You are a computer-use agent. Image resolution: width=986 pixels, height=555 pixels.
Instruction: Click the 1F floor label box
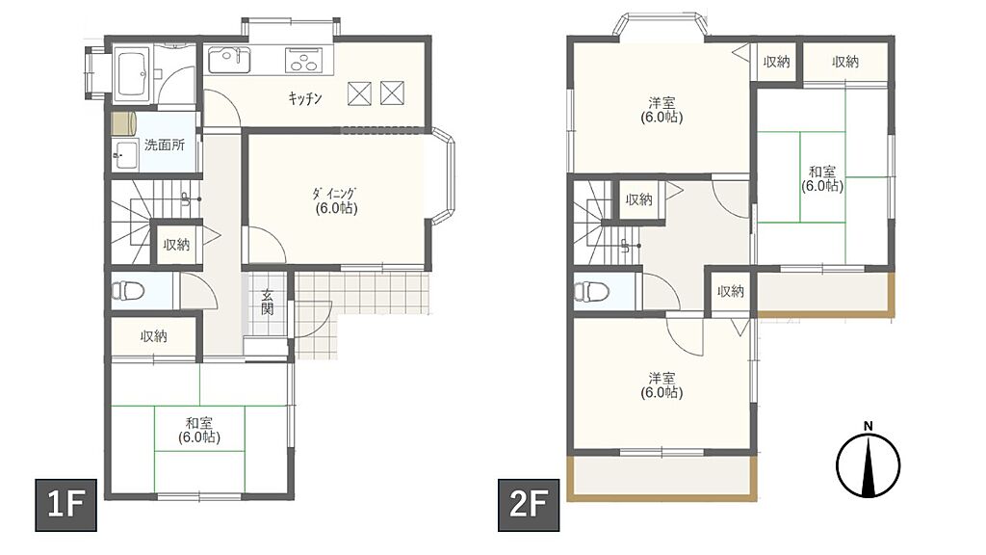click(65, 505)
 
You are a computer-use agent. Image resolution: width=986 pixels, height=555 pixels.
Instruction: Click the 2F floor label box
click(529, 505)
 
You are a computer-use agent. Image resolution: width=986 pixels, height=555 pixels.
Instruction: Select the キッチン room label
click(305, 97)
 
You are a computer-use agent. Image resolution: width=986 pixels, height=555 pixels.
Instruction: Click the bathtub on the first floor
click(132, 74)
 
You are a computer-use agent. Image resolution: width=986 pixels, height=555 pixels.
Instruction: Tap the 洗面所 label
click(165, 145)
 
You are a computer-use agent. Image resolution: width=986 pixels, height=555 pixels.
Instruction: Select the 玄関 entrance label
click(268, 302)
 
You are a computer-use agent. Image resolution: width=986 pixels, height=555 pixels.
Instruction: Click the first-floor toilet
click(128, 291)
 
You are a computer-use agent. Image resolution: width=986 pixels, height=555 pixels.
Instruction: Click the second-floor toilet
click(591, 291)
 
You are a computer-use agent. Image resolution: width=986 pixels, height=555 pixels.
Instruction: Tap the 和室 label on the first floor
click(199, 423)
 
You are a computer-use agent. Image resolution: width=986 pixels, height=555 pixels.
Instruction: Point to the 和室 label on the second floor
click(822, 172)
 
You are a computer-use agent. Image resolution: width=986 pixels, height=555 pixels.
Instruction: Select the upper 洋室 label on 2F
click(662, 102)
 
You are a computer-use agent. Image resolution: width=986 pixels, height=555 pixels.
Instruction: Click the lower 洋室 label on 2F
click(662, 378)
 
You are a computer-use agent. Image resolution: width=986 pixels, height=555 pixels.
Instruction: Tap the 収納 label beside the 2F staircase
click(639, 199)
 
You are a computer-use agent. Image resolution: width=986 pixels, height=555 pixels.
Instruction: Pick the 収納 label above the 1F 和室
click(154, 336)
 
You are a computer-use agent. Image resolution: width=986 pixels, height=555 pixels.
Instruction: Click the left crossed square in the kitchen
click(360, 93)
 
